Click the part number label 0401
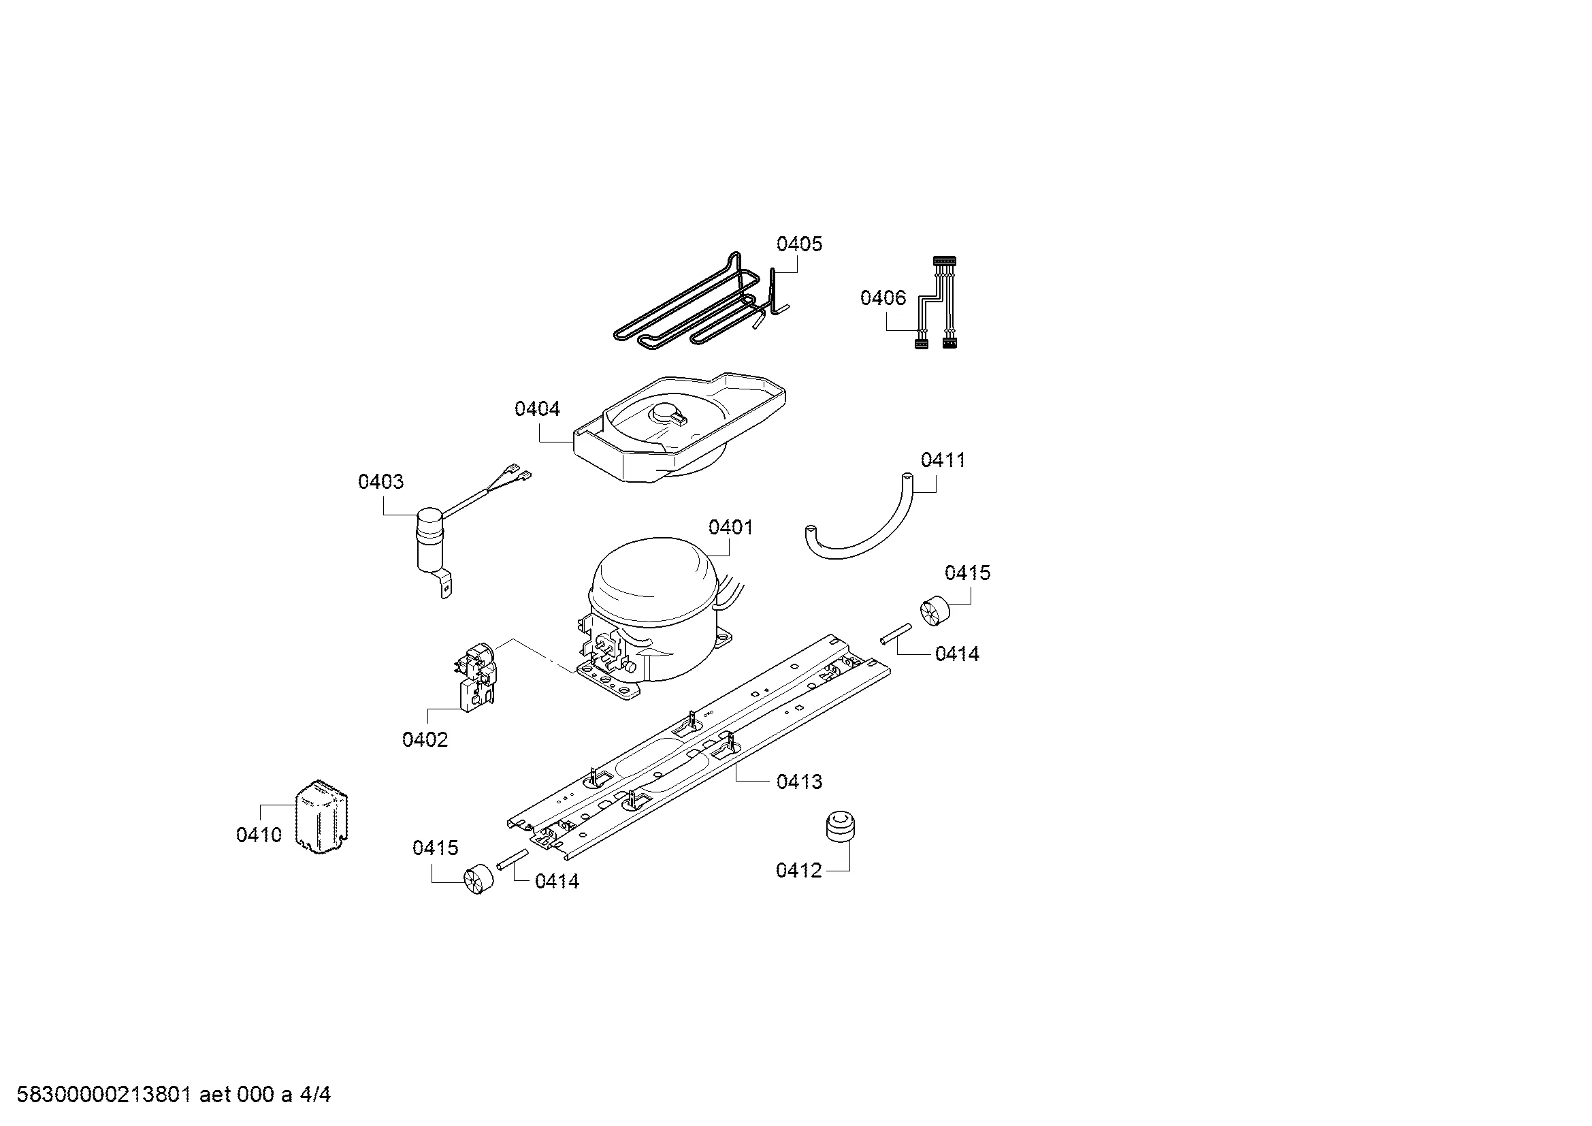coord(730,528)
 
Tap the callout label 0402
coord(425,740)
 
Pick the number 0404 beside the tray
coord(538,409)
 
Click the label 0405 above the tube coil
coord(800,244)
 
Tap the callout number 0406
coord(883,298)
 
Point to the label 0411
coord(943,460)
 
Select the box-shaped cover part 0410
coord(322,816)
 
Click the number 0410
coord(259,835)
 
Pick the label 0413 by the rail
coord(800,782)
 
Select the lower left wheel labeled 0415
coord(478,879)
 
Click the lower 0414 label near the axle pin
coord(557,881)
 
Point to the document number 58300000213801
coord(104,1095)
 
